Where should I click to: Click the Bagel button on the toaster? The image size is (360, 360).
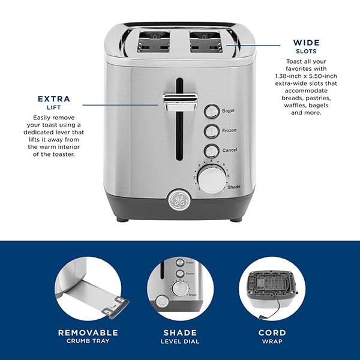[211, 111]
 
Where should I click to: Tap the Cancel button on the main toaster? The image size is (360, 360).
[211, 151]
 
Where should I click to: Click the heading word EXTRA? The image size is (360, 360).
[53, 99]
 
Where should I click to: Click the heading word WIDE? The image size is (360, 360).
[306, 43]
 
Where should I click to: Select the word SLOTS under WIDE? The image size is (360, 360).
[306, 51]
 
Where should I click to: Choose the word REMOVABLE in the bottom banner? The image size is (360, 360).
[88, 332]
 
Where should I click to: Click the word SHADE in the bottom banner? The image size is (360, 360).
[179, 332]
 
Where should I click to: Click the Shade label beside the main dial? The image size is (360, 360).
[234, 187]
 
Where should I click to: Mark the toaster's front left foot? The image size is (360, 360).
[123, 220]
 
